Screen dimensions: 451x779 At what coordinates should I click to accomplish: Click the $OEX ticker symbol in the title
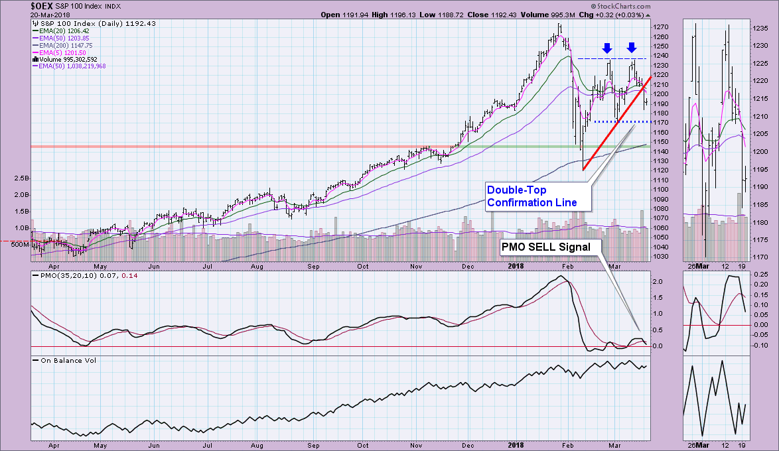[x=42, y=5]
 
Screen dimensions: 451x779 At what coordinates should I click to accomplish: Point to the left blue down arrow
[x=606, y=47]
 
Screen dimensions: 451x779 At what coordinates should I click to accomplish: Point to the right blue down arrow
[x=632, y=47]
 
